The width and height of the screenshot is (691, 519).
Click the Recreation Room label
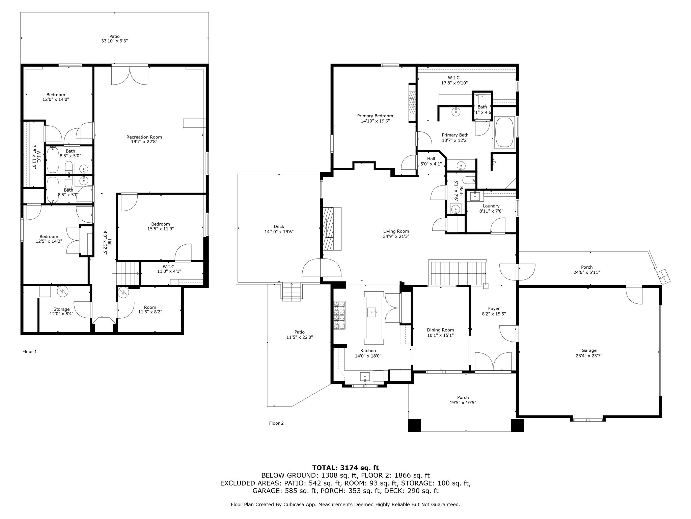tap(144, 137)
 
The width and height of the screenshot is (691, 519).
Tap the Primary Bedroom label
tap(375, 116)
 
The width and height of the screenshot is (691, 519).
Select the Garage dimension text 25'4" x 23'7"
tap(589, 355)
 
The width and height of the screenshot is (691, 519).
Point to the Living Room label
tap(396, 231)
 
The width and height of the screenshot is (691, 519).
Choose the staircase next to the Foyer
tap(457, 273)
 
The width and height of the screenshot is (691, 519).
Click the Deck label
tap(279, 227)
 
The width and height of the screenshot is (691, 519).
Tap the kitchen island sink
tap(372, 312)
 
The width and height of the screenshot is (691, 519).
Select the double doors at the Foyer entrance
tap(493, 362)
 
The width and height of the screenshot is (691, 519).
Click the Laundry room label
tap(491, 206)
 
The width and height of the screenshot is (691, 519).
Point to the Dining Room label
tap(440, 330)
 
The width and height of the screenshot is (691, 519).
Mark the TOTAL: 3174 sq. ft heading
tap(345, 468)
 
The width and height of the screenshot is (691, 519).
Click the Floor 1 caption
tap(30, 352)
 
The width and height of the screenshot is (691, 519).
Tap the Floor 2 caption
tap(276, 423)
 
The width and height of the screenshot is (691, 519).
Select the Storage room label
tap(61, 309)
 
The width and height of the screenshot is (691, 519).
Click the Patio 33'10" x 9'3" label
tap(114, 39)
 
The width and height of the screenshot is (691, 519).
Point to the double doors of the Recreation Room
tap(130, 75)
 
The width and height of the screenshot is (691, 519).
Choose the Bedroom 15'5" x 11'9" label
tap(161, 226)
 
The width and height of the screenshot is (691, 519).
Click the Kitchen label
tap(368, 350)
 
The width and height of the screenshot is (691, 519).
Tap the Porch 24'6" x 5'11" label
tap(587, 270)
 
